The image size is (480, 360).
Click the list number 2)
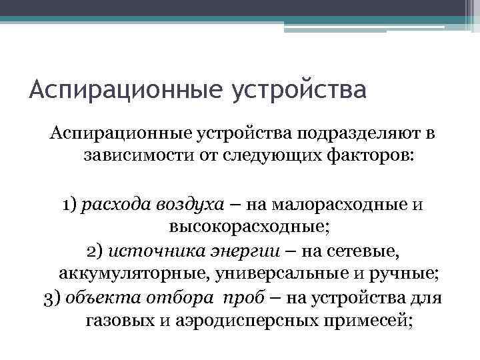coord(95,251)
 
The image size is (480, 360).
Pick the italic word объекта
coord(97,297)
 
